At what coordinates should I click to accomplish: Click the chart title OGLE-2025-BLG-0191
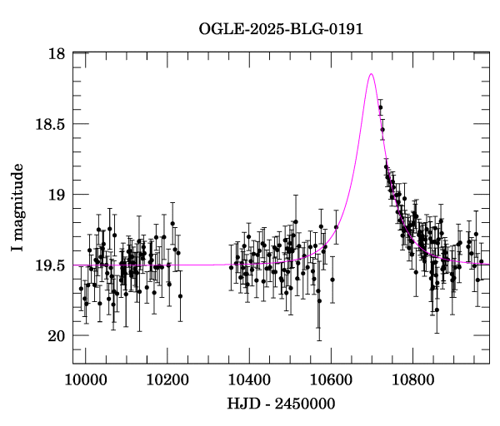click(x=281, y=29)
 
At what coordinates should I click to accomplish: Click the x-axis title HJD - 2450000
click(x=281, y=404)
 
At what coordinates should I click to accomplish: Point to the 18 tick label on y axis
click(x=57, y=54)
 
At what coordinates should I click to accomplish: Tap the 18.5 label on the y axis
click(x=51, y=124)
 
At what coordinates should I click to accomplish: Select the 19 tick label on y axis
click(x=57, y=195)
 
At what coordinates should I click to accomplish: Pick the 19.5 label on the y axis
click(x=51, y=265)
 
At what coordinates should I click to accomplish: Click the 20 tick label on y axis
click(x=57, y=336)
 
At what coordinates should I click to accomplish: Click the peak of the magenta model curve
click(x=371, y=74)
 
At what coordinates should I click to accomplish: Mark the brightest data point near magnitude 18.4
click(x=380, y=107)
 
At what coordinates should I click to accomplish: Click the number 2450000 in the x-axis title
click(x=304, y=404)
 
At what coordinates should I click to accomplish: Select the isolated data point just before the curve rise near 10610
click(x=336, y=226)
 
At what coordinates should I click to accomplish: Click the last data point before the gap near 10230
click(x=180, y=295)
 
